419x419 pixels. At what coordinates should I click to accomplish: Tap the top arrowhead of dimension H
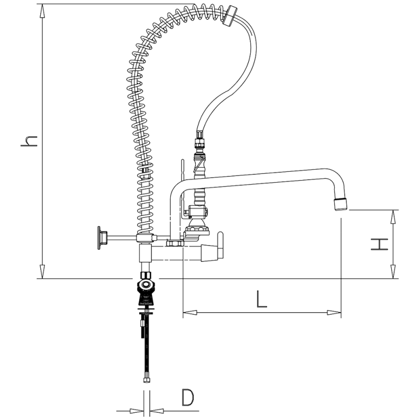(x=393, y=215)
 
